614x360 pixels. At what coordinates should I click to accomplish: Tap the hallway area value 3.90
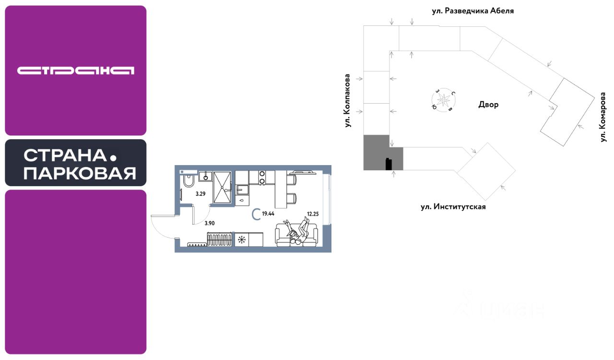click(209, 223)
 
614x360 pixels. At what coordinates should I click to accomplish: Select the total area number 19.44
click(268, 214)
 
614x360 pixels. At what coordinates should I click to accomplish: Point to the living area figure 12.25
click(313, 214)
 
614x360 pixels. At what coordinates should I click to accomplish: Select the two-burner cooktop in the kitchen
click(262, 177)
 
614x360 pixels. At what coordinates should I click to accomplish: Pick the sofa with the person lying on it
click(296, 235)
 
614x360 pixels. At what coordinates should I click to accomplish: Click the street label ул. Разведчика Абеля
click(472, 11)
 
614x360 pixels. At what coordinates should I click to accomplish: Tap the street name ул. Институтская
click(453, 207)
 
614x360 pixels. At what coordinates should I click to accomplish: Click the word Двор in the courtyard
click(488, 105)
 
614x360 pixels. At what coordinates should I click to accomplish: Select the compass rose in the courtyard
click(444, 100)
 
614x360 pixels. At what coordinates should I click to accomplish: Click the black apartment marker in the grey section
click(389, 164)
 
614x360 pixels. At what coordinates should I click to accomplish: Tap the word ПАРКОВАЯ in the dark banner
click(80, 173)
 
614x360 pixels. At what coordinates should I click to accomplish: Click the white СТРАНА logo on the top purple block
click(76, 71)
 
